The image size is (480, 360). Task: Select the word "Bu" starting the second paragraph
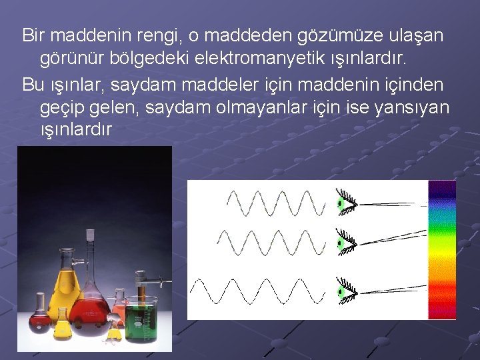pos(31,83)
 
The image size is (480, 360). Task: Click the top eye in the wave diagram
pos(347,202)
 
